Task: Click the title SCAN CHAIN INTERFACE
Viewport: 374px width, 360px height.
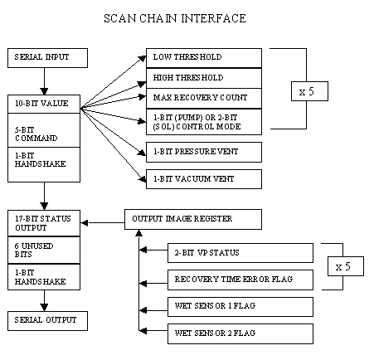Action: pyautogui.click(x=175, y=18)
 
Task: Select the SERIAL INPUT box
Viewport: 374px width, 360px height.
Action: pyautogui.click(x=47, y=58)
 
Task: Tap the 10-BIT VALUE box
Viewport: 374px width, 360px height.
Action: pyautogui.click(x=44, y=104)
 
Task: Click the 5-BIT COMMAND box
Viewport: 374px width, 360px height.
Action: pyautogui.click(x=44, y=130)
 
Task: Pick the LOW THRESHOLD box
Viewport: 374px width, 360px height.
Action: pyautogui.click(x=204, y=58)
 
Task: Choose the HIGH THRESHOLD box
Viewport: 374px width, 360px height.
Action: pyautogui.click(x=204, y=78)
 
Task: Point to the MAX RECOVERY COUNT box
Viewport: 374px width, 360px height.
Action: pyautogui.click(x=204, y=99)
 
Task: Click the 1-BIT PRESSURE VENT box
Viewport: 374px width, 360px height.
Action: pyautogui.click(x=204, y=152)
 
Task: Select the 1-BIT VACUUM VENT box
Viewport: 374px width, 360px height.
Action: pyautogui.click(x=204, y=179)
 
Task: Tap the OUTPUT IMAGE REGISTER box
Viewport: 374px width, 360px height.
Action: pyautogui.click(x=193, y=219)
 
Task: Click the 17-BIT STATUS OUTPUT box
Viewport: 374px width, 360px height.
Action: pyautogui.click(x=44, y=223)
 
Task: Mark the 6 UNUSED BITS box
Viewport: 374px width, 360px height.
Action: pyautogui.click(x=44, y=250)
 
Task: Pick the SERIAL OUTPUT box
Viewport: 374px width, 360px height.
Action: pyautogui.click(x=47, y=321)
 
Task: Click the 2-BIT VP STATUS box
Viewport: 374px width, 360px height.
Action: pyautogui.click(x=240, y=253)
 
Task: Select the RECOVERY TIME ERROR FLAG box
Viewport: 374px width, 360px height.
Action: pyautogui.click(x=240, y=280)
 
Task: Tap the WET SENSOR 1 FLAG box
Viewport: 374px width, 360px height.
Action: pyautogui.click(x=240, y=307)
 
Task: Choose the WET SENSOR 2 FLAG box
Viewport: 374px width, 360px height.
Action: pyautogui.click(x=240, y=334)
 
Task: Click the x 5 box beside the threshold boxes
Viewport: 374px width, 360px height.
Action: pyautogui.click(x=309, y=91)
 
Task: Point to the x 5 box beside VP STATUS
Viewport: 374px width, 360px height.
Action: pyautogui.click(x=346, y=266)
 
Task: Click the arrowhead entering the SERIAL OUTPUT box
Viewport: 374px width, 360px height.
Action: pyautogui.click(x=44, y=308)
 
